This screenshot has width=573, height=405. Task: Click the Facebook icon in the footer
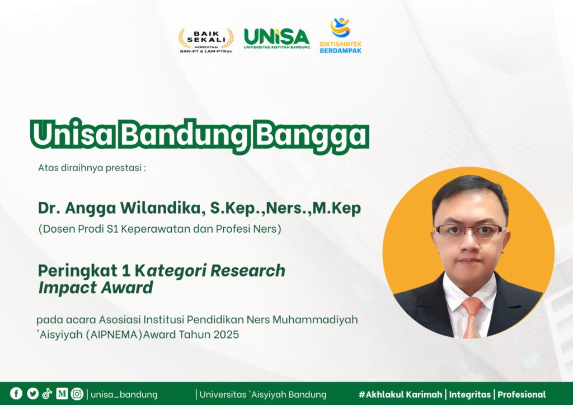point(16,393)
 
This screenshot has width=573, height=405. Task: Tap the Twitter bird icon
point(32,393)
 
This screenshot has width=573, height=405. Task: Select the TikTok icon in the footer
point(47,393)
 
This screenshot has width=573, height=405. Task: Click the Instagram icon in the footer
point(77,394)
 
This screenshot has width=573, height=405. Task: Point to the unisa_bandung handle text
point(124,395)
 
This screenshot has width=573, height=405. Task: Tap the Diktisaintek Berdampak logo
point(341,35)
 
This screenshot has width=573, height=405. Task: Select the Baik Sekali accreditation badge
point(206,40)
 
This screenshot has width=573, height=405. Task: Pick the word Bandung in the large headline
point(185,135)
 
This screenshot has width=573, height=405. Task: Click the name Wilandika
point(161,208)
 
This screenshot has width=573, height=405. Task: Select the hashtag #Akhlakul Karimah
point(401,394)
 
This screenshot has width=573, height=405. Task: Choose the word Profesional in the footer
point(522,394)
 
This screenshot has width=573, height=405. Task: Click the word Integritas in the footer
point(470,395)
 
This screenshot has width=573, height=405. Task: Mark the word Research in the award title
point(248,271)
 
